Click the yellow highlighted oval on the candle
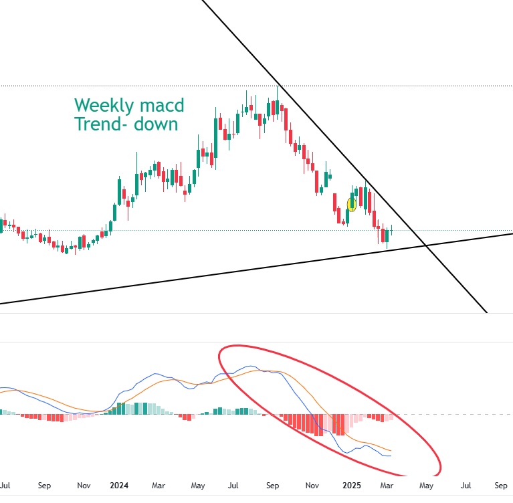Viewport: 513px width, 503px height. click(352, 204)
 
